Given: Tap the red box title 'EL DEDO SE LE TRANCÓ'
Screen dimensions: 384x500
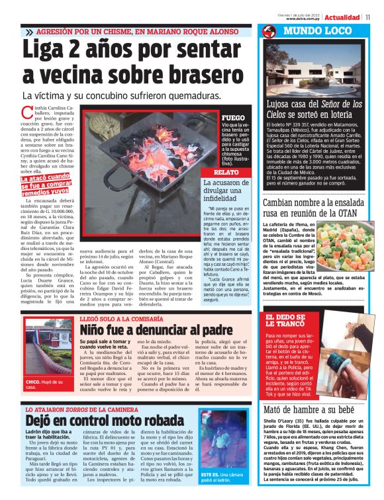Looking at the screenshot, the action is [x=286, y=323].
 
